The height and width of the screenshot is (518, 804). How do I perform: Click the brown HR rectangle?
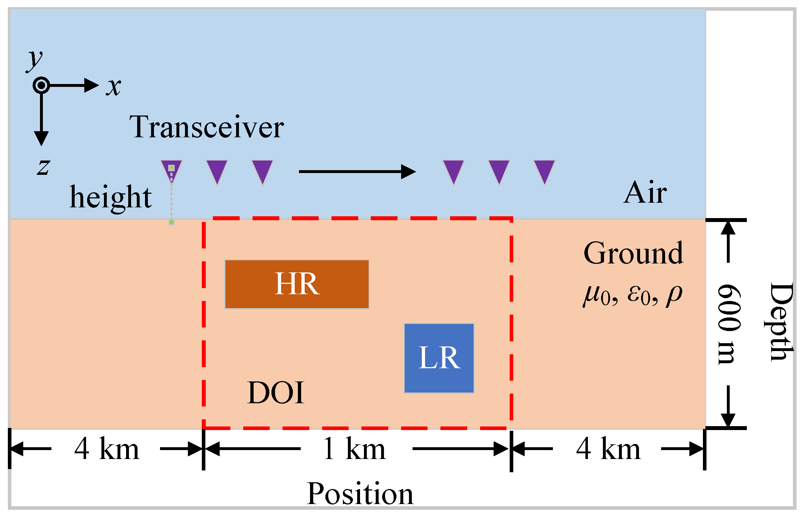(x=296, y=284)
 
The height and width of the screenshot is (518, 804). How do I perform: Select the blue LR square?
(x=439, y=358)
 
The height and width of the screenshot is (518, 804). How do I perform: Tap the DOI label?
(x=276, y=393)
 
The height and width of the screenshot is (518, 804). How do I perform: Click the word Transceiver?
(x=206, y=127)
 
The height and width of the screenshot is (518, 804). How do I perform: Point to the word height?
(x=111, y=197)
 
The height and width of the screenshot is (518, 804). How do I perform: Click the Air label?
(x=645, y=193)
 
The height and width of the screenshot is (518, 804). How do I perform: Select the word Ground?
(x=633, y=253)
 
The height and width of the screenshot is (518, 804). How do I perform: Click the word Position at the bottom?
(x=360, y=494)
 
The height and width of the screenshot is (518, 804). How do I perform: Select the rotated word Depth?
(x=781, y=322)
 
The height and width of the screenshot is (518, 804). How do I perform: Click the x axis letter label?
(x=114, y=87)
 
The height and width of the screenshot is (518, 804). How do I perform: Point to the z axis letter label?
(x=43, y=167)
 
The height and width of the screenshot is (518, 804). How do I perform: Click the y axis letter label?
(x=35, y=60)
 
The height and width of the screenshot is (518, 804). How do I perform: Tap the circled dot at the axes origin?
(x=41, y=85)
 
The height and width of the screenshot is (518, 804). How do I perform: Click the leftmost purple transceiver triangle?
(x=171, y=171)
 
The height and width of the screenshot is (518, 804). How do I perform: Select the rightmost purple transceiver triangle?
(x=544, y=171)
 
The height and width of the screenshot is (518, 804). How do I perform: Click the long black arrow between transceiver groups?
(x=357, y=172)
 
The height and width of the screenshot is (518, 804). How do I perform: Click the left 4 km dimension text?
(x=106, y=449)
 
